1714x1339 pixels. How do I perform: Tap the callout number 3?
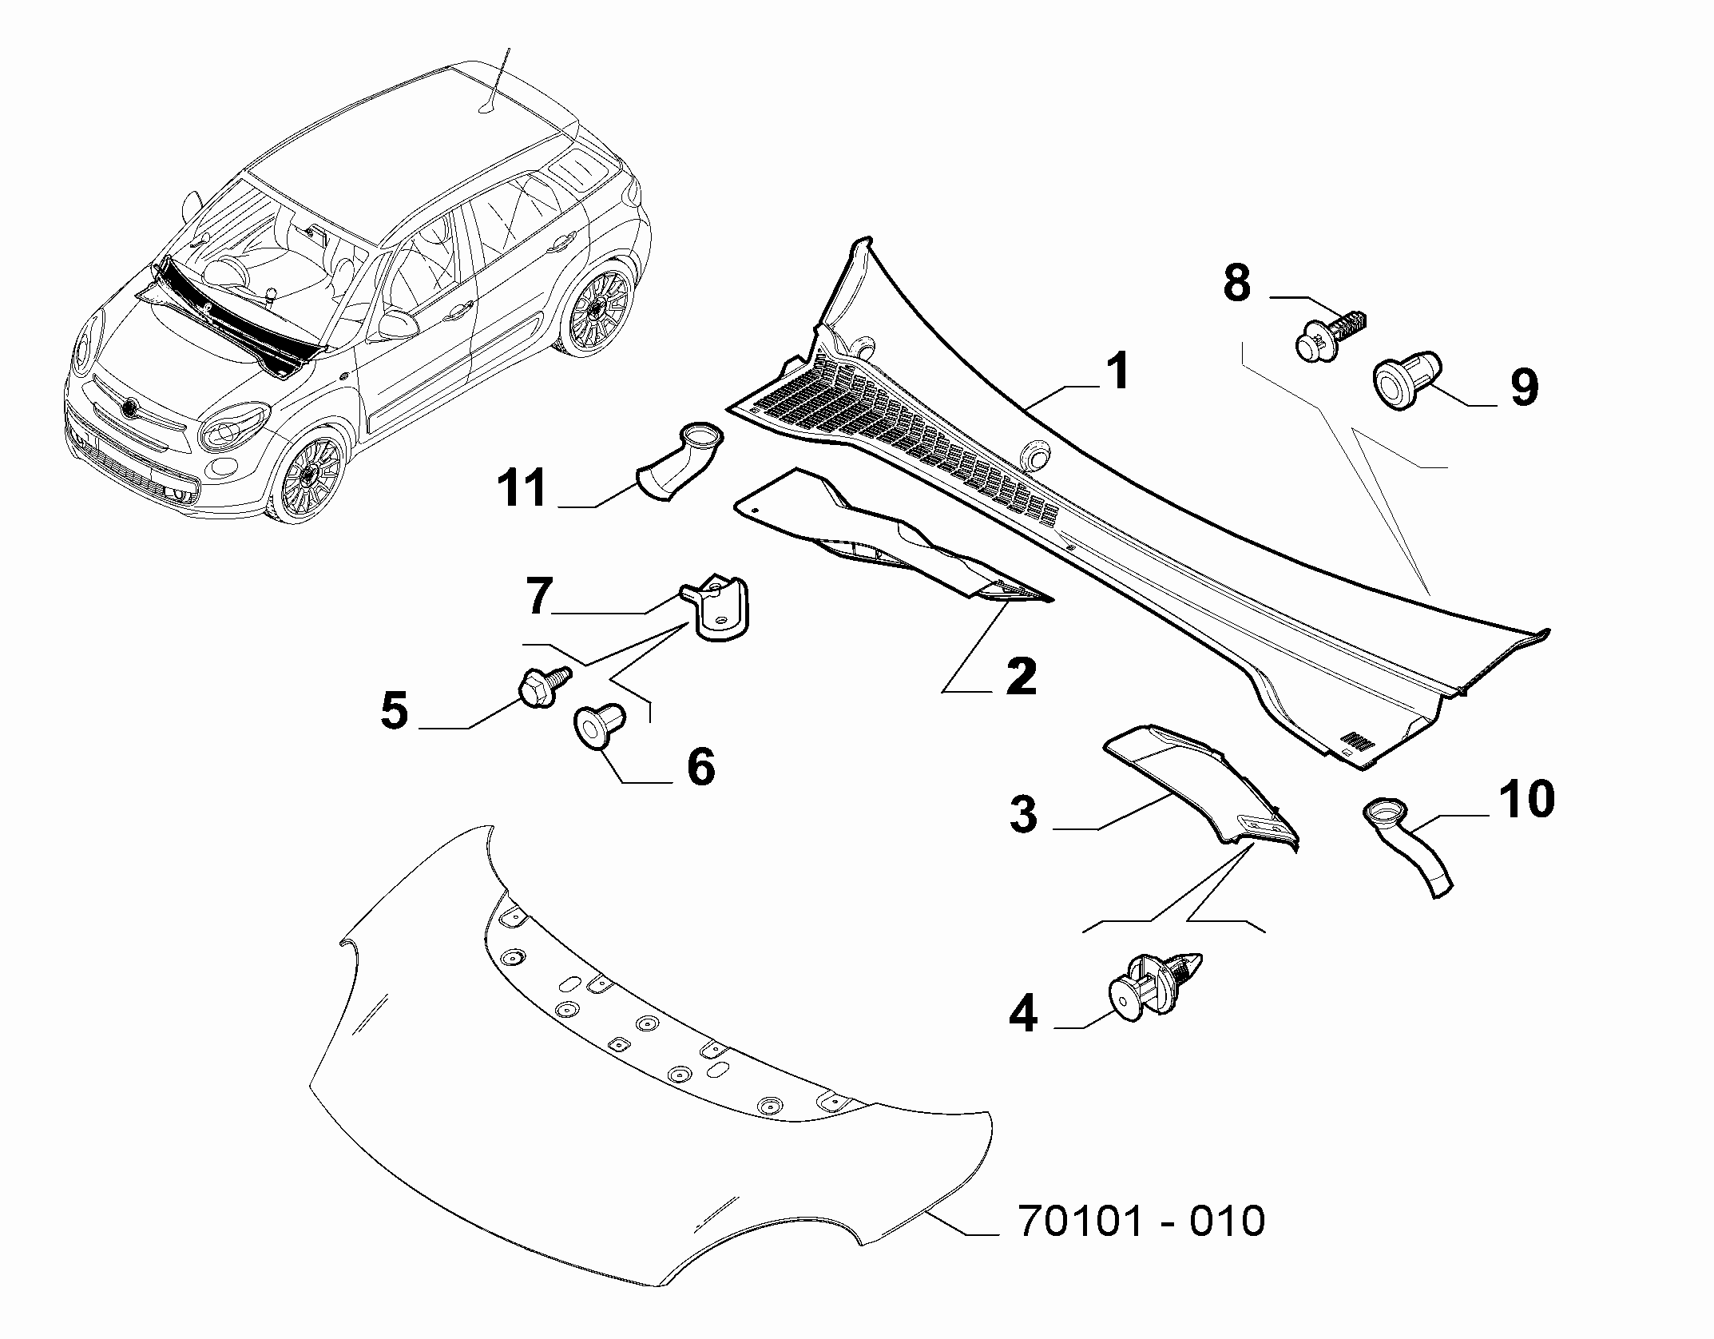coord(1023,815)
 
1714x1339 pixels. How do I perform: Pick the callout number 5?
coord(395,710)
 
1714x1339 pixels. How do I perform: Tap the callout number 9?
coord(1523,389)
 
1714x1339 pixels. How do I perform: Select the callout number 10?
coord(1526,799)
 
